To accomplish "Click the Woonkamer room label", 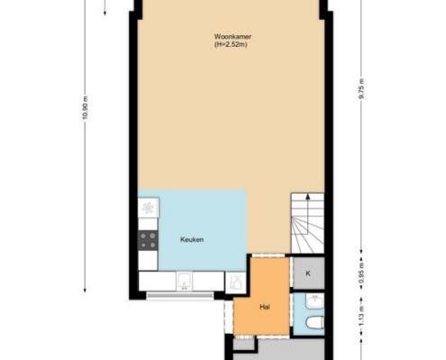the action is [x=232, y=37].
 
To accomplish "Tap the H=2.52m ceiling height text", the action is [x=231, y=45].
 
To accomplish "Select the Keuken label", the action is [x=192, y=239].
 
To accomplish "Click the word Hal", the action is [x=265, y=307].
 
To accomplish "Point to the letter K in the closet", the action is [x=308, y=274].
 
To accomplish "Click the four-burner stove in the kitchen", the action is [x=148, y=240].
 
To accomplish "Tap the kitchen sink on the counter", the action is [x=184, y=281].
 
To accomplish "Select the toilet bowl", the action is [x=315, y=323].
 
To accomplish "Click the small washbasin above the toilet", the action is [x=314, y=301].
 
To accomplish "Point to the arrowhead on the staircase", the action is [x=307, y=196].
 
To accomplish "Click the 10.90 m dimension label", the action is [x=86, y=108].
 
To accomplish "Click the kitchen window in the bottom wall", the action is [x=180, y=295].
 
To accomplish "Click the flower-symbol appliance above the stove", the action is [x=148, y=207].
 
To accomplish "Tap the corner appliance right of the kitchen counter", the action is [x=235, y=283].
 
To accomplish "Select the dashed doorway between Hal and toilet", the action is [x=291, y=313].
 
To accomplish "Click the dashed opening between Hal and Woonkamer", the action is [x=269, y=256].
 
